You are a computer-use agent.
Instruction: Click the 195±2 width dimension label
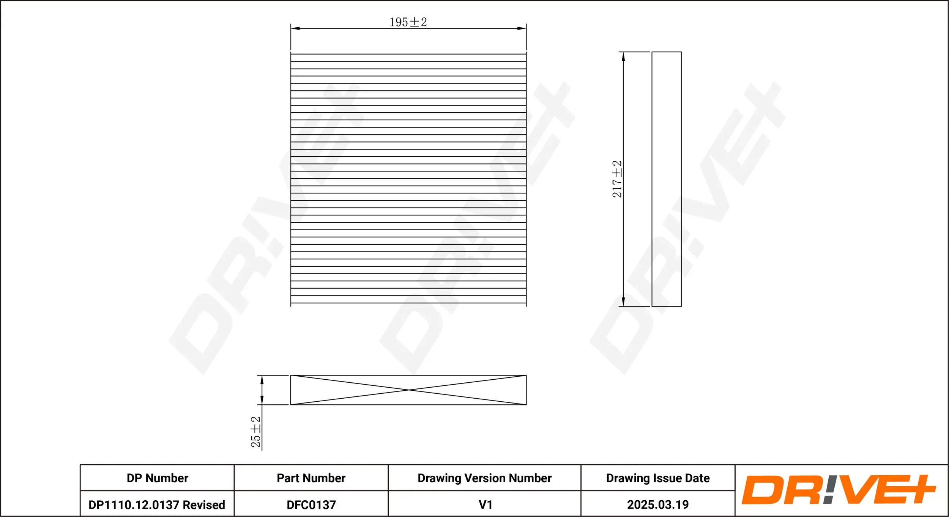pyautogui.click(x=408, y=22)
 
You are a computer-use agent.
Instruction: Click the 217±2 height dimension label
pyautogui.click(x=617, y=179)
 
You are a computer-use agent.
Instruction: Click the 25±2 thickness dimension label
pyautogui.click(x=255, y=432)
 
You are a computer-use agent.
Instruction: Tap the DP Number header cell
pyautogui.click(x=157, y=478)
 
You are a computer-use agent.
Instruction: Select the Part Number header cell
pyautogui.click(x=311, y=478)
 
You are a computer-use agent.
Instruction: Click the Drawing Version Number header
pyautogui.click(x=484, y=478)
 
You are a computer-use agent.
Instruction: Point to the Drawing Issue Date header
pyautogui.click(x=657, y=478)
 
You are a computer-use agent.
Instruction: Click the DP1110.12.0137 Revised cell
pyautogui.click(x=156, y=504)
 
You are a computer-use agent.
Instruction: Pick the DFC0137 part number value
pyautogui.click(x=311, y=504)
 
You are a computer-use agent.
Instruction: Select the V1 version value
pyautogui.click(x=485, y=504)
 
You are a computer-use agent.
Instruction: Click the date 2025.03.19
pyautogui.click(x=657, y=504)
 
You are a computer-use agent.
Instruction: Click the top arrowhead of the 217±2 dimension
pyautogui.click(x=623, y=57)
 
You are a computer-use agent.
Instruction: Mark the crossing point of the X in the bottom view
pyautogui.click(x=408, y=390)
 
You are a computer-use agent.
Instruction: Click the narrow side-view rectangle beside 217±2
pyautogui.click(x=667, y=179)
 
